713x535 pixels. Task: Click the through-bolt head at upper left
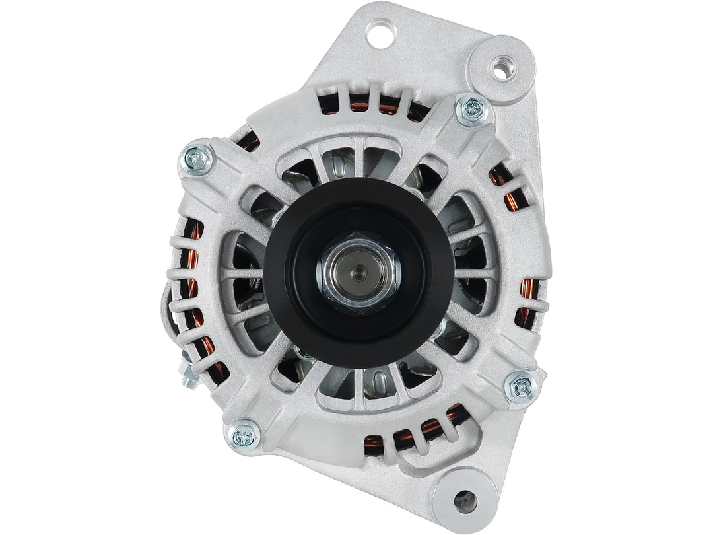tap(197, 159)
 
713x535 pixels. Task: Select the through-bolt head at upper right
tap(473, 110)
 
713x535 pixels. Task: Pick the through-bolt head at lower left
tap(244, 434)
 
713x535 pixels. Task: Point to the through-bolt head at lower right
tap(522, 386)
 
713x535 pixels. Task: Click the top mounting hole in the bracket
tap(381, 33)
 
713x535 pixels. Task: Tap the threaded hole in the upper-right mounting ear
tap(503, 68)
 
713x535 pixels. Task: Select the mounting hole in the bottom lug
tap(465, 500)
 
